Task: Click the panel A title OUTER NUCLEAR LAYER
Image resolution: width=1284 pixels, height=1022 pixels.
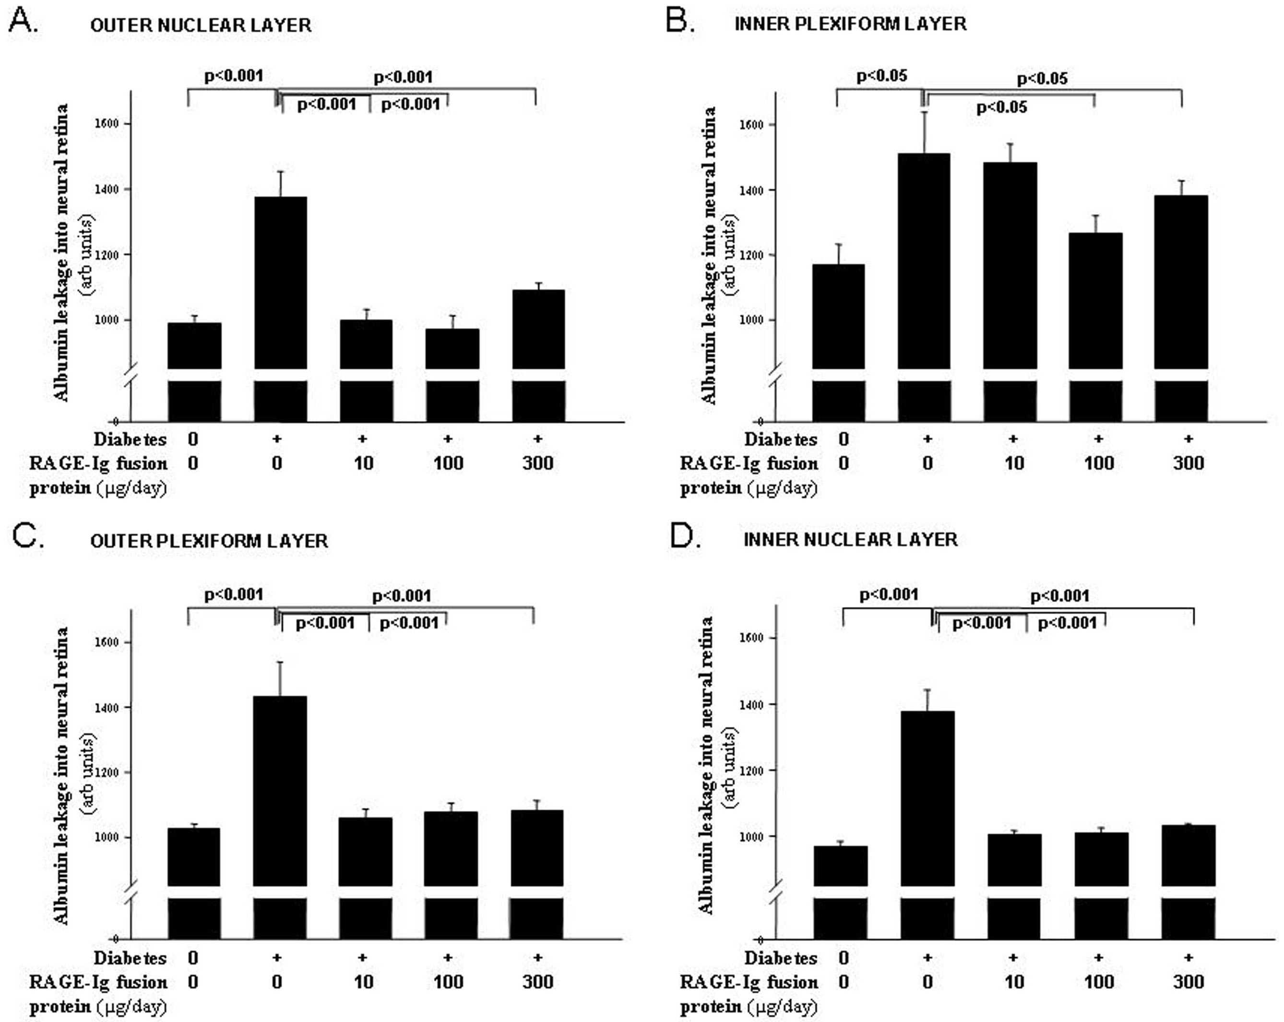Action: pos(201,25)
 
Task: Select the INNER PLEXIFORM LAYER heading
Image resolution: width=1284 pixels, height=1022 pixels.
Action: pos(850,24)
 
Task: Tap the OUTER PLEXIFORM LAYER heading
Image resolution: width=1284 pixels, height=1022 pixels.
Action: pos(209,541)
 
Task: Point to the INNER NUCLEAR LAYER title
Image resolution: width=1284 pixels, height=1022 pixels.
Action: pos(850,540)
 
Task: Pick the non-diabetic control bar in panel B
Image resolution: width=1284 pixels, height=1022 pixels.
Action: pos(838,316)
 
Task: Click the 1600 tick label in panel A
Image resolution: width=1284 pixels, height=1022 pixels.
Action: pos(107,124)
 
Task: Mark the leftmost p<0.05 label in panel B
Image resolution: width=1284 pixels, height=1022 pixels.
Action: pos(881,76)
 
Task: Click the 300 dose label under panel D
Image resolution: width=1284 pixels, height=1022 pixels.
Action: pos(1188,982)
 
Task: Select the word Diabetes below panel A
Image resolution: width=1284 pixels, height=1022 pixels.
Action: pos(130,440)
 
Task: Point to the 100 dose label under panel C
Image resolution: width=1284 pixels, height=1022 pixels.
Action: pos(448,982)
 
